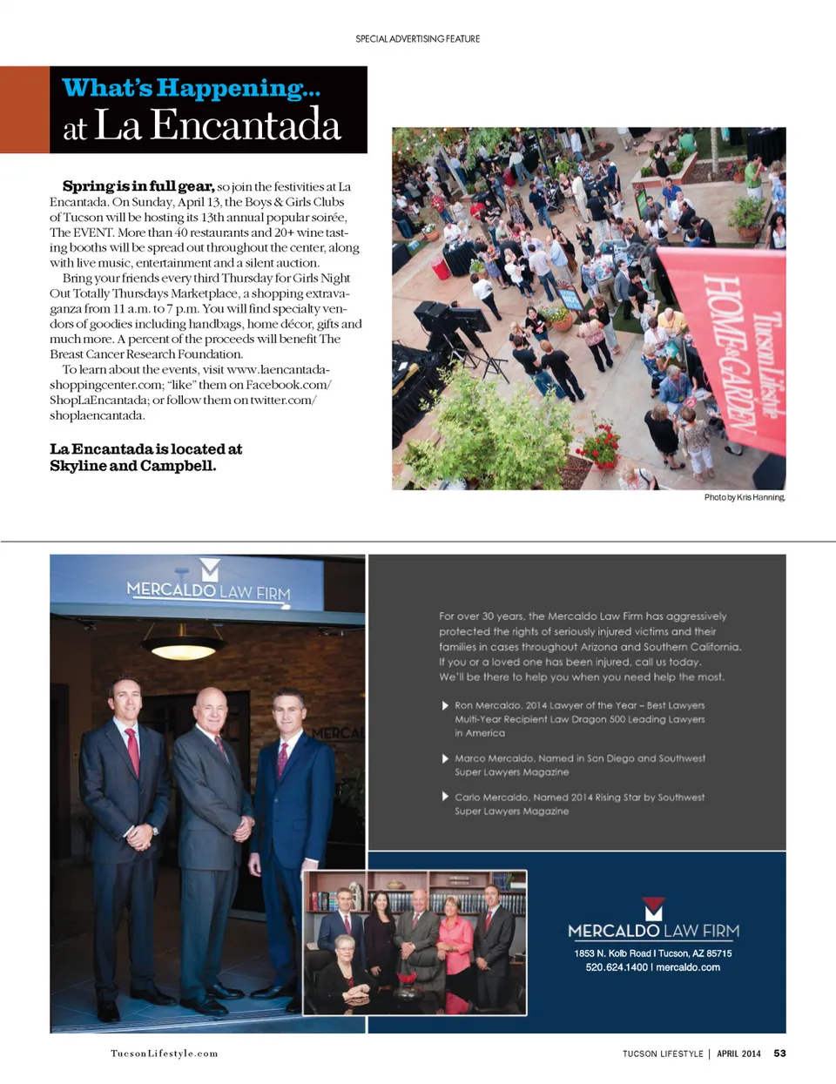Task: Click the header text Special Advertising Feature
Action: pyautogui.click(x=417, y=39)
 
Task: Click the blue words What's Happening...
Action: pyautogui.click(x=192, y=88)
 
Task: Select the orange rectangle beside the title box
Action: pyautogui.click(x=24, y=110)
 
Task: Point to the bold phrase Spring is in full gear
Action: pyautogui.click(x=138, y=186)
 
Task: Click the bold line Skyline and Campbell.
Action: pyautogui.click(x=132, y=466)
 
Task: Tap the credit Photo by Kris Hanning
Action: pyautogui.click(x=744, y=497)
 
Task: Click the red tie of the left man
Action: pyautogui.click(x=133, y=751)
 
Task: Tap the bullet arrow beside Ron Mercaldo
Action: pyautogui.click(x=445, y=705)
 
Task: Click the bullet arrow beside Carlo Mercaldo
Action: pyautogui.click(x=445, y=797)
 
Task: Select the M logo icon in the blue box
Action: pyautogui.click(x=653, y=909)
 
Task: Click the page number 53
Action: pyautogui.click(x=779, y=1054)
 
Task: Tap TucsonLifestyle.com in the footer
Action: pyautogui.click(x=164, y=1054)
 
